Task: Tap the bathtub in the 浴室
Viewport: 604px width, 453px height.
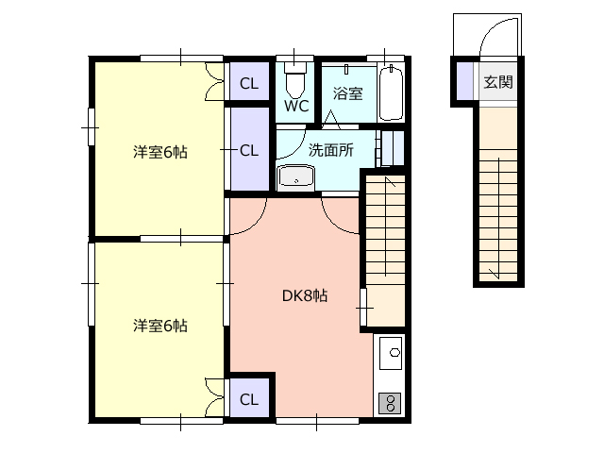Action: click(x=391, y=93)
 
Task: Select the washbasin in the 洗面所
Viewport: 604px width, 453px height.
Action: click(x=295, y=178)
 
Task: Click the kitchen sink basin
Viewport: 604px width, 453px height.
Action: click(x=391, y=353)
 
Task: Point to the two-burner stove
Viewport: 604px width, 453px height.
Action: click(x=391, y=403)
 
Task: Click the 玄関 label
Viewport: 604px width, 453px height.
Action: click(x=498, y=82)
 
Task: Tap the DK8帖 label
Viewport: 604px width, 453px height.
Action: click(x=305, y=295)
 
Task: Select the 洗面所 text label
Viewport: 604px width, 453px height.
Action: click(x=331, y=150)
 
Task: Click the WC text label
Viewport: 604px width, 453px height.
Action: click(x=296, y=106)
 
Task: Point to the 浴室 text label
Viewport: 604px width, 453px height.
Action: click(x=348, y=93)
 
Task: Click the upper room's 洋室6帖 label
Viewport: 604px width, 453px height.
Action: click(x=160, y=152)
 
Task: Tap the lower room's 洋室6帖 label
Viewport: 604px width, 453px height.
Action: click(x=160, y=326)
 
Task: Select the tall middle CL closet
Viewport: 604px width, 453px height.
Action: click(x=249, y=149)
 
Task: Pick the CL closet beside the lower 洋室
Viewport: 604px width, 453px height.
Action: click(x=249, y=397)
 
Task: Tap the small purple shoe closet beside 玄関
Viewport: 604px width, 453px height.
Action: click(x=464, y=81)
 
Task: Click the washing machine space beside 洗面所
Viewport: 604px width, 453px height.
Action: click(x=393, y=149)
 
